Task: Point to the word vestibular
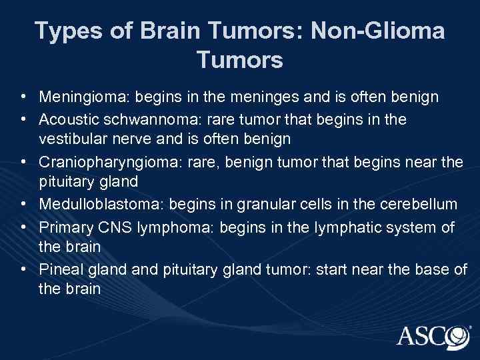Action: click(70, 139)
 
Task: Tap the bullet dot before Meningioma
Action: click(23, 97)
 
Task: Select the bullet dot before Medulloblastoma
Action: click(23, 203)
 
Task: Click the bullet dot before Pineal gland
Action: click(23, 269)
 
